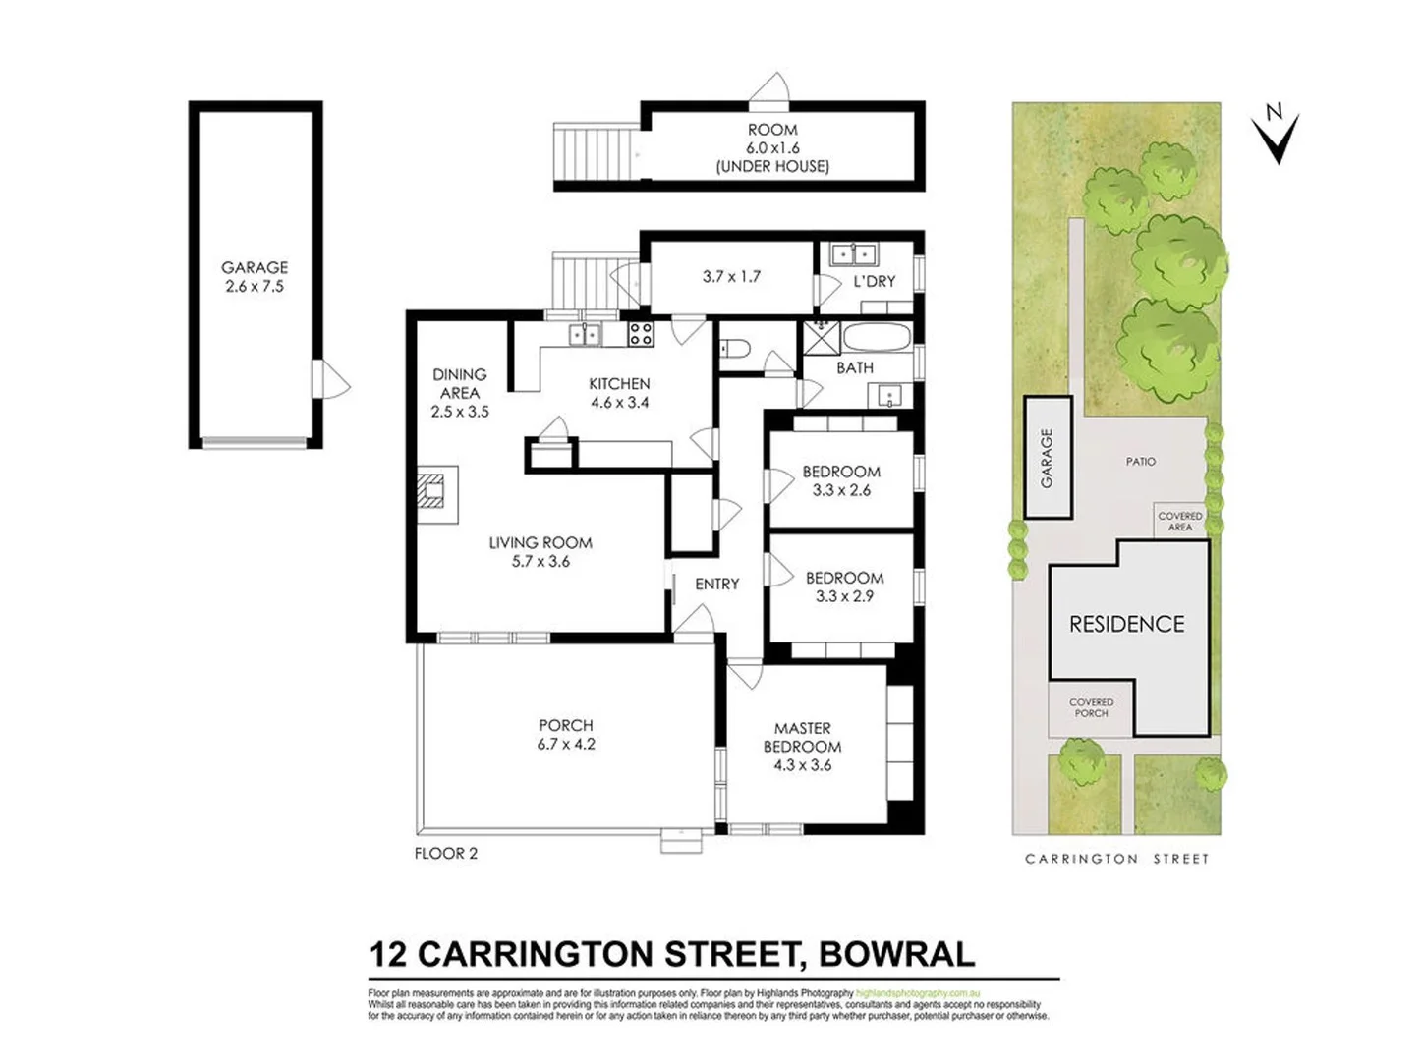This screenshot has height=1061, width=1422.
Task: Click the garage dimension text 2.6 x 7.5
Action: click(x=255, y=287)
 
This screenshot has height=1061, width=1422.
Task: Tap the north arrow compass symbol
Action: click(x=1276, y=135)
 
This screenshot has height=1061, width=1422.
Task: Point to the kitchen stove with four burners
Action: click(x=641, y=334)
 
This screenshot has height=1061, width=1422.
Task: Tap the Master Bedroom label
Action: click(x=803, y=737)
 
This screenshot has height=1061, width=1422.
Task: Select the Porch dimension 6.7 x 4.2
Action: click(x=566, y=745)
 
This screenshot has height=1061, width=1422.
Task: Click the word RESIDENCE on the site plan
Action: click(x=1126, y=624)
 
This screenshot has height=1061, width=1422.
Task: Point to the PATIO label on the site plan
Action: click(x=1141, y=461)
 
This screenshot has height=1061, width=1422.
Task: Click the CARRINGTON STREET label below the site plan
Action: click(x=1116, y=859)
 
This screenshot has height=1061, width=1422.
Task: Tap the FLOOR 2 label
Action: click(x=446, y=854)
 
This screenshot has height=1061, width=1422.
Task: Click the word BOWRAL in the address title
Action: click(x=897, y=954)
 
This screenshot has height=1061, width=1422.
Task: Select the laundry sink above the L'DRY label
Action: click(x=853, y=254)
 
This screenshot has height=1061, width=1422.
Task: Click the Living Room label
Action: click(x=540, y=542)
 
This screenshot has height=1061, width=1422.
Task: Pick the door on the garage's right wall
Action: click(x=329, y=378)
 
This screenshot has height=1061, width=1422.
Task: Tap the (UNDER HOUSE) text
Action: click(x=772, y=167)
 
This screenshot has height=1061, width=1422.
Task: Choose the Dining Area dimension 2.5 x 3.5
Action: click(x=460, y=412)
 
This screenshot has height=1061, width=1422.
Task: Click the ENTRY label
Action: click(x=716, y=585)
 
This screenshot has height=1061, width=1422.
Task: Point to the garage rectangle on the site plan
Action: click(x=1048, y=458)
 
